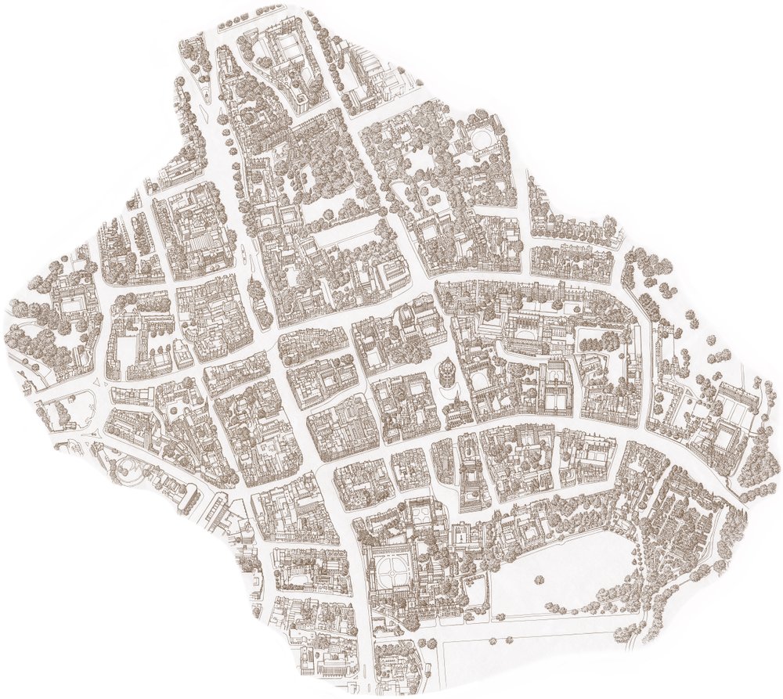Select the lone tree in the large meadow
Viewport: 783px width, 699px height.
pyautogui.click(x=539, y=580)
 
